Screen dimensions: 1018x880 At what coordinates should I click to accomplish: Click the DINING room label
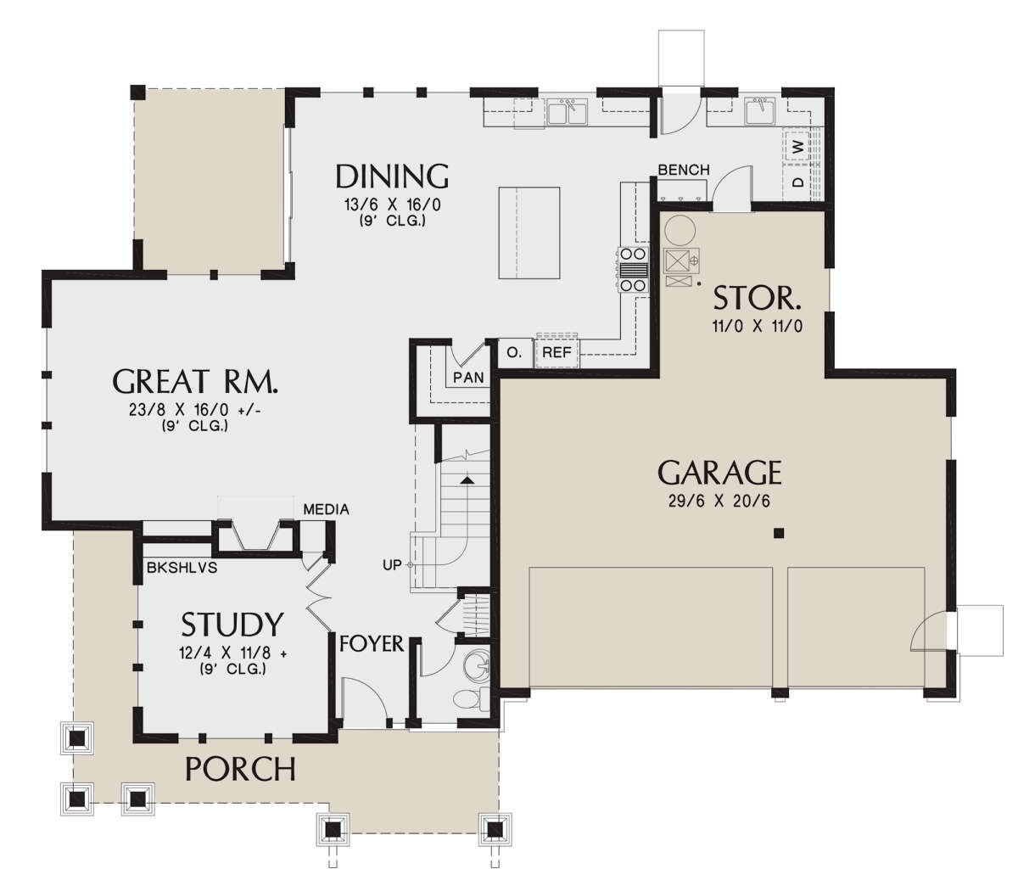[x=392, y=177]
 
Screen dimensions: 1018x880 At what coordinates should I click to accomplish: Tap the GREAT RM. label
[x=195, y=381]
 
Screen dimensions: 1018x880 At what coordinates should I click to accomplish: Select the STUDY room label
[x=232, y=625]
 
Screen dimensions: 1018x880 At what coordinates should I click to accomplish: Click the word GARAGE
[x=719, y=472]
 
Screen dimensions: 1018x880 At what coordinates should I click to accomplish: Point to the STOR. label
[x=757, y=298]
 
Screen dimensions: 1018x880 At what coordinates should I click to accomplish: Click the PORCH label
[x=240, y=769]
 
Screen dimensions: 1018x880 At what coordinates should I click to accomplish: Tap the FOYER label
[x=372, y=643]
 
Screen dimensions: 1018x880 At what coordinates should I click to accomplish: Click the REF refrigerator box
[x=557, y=352]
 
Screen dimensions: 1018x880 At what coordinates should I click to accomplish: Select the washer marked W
[x=797, y=146]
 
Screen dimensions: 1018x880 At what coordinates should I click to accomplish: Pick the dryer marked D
[x=797, y=182]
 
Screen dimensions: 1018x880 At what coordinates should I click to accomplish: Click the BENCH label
[x=684, y=170]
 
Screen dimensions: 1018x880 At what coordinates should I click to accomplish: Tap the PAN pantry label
[x=468, y=378]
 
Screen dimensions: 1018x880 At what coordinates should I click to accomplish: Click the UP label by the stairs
[x=392, y=565]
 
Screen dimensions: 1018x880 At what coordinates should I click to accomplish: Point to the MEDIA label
[x=326, y=509]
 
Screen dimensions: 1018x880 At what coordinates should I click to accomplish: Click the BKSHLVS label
[x=182, y=568]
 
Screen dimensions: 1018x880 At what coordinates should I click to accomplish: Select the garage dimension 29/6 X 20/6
[x=719, y=501]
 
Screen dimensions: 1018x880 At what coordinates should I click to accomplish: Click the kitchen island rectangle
[x=529, y=233]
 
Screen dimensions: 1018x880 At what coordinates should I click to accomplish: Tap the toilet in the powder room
[x=470, y=698]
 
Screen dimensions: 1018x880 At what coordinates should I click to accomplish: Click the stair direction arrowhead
[x=467, y=479]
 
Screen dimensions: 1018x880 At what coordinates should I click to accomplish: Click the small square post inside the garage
[x=779, y=533]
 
